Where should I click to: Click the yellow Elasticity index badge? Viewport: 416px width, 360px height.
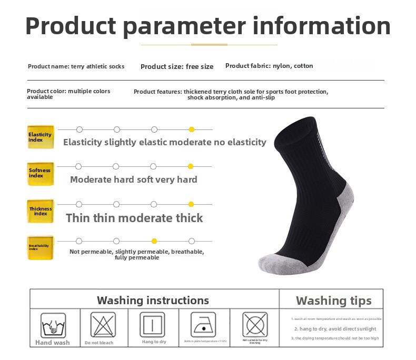point(41,137)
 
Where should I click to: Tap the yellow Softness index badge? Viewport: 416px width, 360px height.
point(41,174)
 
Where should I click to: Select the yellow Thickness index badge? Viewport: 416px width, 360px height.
point(41,211)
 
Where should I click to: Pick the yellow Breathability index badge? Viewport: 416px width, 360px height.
point(41,247)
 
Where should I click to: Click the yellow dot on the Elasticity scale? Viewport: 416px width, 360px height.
point(192,129)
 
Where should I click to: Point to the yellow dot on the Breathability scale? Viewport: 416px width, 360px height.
point(154,241)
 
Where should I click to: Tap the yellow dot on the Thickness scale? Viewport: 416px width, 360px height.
point(191,204)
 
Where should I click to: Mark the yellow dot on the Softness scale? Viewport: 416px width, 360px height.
point(191,166)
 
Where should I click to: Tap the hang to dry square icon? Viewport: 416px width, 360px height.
point(153,325)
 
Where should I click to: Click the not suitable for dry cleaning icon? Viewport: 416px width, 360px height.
point(255,324)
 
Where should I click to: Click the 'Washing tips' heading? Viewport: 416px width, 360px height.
point(333,301)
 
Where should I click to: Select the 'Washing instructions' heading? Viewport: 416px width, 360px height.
point(153,301)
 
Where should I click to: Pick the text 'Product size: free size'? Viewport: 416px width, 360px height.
point(177,67)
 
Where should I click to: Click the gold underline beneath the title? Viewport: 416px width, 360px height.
point(209,45)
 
